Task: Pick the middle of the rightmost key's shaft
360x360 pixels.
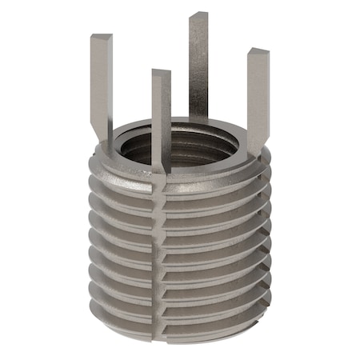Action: click(256, 96)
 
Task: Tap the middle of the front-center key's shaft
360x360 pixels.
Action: click(161, 120)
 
